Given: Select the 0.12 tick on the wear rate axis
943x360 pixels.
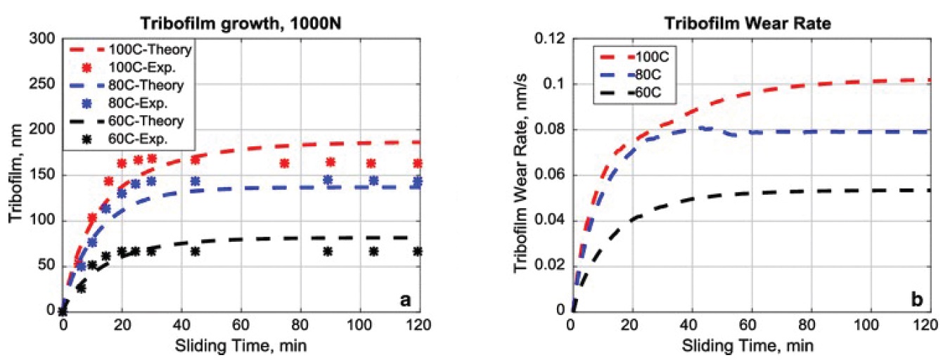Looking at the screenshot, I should pyautogui.click(x=550, y=39).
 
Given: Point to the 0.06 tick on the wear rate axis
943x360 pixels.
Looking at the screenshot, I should pyautogui.click(x=550, y=175).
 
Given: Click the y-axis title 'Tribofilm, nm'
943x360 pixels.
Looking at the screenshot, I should pyautogui.click(x=15, y=174).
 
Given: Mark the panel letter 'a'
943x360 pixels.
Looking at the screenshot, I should pyautogui.click(x=405, y=300).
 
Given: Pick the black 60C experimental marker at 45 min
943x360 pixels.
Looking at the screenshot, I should pyautogui.click(x=195, y=251).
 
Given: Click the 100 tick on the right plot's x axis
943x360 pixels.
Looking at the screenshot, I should pyautogui.click(x=870, y=326).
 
